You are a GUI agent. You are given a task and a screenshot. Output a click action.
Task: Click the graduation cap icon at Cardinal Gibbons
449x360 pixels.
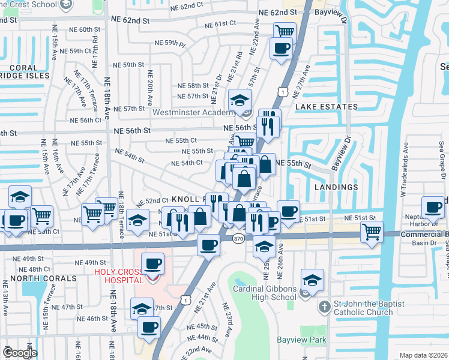click(x=312, y=281)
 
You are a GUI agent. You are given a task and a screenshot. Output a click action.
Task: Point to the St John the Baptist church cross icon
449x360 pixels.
click(x=324, y=306)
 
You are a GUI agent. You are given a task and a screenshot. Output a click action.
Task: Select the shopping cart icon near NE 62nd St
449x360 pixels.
click(x=285, y=31)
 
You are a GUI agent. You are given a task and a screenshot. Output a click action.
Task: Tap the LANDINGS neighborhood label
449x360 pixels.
click(x=336, y=187)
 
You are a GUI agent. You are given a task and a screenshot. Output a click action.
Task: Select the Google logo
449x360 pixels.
click(x=20, y=353)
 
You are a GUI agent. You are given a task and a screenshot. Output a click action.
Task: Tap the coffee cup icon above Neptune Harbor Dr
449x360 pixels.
click(x=433, y=207)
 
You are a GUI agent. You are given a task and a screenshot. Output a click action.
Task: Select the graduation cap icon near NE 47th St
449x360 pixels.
click(x=142, y=308)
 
